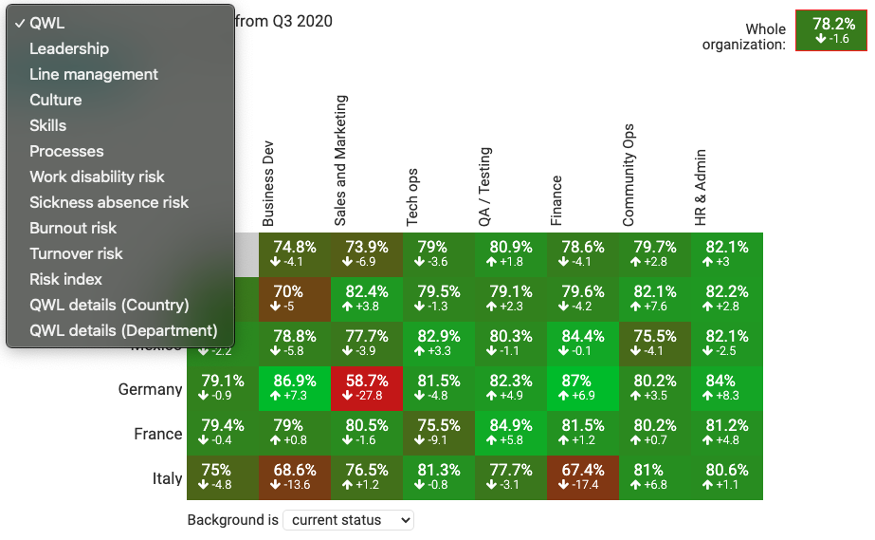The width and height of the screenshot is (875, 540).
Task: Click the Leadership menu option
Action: pyautogui.click(x=69, y=48)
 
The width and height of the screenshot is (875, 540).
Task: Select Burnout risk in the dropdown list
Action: pyautogui.click(x=73, y=228)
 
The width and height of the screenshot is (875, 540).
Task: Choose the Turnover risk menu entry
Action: pyautogui.click(x=76, y=253)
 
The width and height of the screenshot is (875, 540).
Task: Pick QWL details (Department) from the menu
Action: pyautogui.click(x=123, y=330)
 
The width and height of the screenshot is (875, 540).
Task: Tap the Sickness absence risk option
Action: pyautogui.click(x=109, y=202)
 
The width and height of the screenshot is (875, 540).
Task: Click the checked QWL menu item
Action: pyautogui.click(x=47, y=23)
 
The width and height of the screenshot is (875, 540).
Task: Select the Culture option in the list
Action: pyautogui.click(x=56, y=100)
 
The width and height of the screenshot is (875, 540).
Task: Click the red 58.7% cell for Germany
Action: pyautogui.click(x=367, y=388)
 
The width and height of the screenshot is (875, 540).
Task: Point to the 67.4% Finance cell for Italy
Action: pyautogui.click(x=583, y=477)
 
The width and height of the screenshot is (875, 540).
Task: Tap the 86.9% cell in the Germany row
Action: pyautogui.click(x=295, y=388)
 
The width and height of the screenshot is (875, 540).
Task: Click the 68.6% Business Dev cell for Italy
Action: pyautogui.click(x=295, y=477)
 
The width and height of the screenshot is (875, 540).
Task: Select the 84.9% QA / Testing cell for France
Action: pyautogui.click(x=511, y=433)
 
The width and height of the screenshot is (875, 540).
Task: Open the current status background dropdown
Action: pyautogui.click(x=348, y=520)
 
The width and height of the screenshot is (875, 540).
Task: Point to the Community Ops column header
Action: pyautogui.click(x=629, y=175)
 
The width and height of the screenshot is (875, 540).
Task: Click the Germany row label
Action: pyautogui.click(x=150, y=389)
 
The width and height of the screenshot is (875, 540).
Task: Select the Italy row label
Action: pyautogui.click(x=167, y=478)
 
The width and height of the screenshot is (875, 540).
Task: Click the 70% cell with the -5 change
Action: pyautogui.click(x=295, y=299)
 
